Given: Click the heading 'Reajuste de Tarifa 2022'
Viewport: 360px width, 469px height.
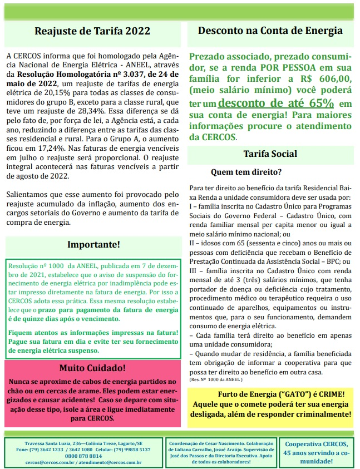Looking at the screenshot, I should pos(92,31).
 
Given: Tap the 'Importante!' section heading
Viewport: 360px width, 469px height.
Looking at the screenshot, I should pos(93,244).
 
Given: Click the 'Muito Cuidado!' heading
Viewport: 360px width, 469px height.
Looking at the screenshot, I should pos(93,368).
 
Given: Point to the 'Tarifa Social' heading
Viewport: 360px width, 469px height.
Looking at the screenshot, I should pos(270,154).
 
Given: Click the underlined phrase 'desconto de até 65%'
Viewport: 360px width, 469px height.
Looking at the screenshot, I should pos(276,103).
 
